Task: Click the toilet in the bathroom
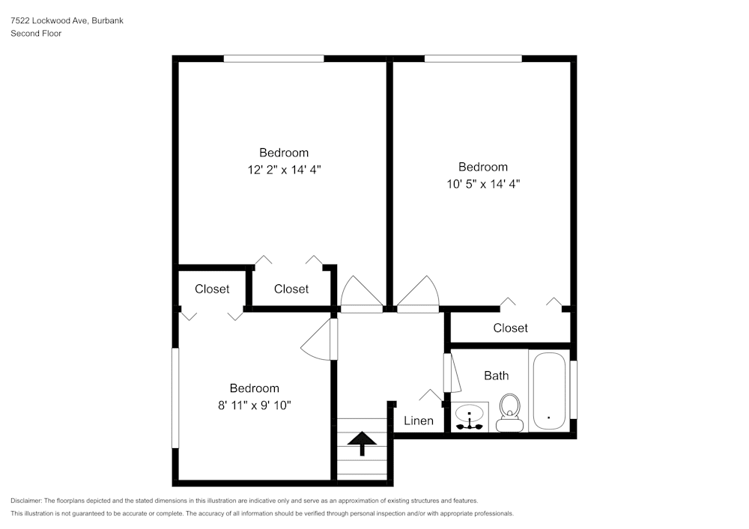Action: [510, 412]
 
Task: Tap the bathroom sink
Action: [470, 417]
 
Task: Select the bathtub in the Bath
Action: [549, 391]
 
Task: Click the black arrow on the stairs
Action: [363, 443]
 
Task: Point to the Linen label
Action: [419, 421]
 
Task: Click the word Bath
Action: [496, 376]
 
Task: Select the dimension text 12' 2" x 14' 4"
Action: [284, 169]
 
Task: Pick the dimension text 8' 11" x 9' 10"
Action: [254, 405]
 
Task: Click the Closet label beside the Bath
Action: [510, 328]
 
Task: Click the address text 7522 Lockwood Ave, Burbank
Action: [67, 21]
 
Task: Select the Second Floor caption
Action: [36, 34]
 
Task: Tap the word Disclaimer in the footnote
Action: [26, 501]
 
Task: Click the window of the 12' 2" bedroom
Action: [273, 58]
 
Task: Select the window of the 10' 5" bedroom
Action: [473, 58]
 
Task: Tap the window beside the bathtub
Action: [574, 390]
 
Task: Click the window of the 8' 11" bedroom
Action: [176, 397]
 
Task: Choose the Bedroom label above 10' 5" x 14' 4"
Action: [483, 167]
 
